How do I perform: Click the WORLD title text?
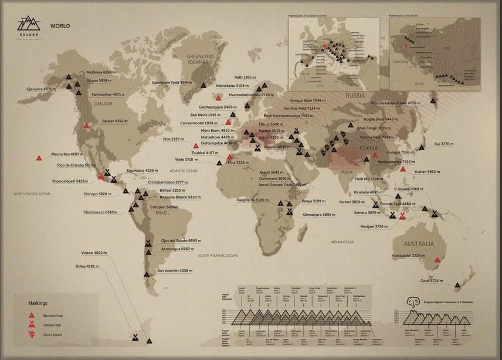(x=60, y=26)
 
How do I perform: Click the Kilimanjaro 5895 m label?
(x=318, y=215)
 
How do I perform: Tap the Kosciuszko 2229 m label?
(x=408, y=256)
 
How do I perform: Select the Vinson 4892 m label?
(x=94, y=253)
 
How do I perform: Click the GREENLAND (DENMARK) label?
(x=200, y=59)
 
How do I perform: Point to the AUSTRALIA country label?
(x=418, y=244)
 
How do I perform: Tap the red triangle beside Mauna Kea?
(x=39, y=158)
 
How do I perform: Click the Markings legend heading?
(x=38, y=303)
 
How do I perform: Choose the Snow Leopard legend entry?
(x=52, y=334)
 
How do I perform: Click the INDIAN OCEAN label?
(x=342, y=242)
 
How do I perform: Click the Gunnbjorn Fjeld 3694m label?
(x=172, y=83)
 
